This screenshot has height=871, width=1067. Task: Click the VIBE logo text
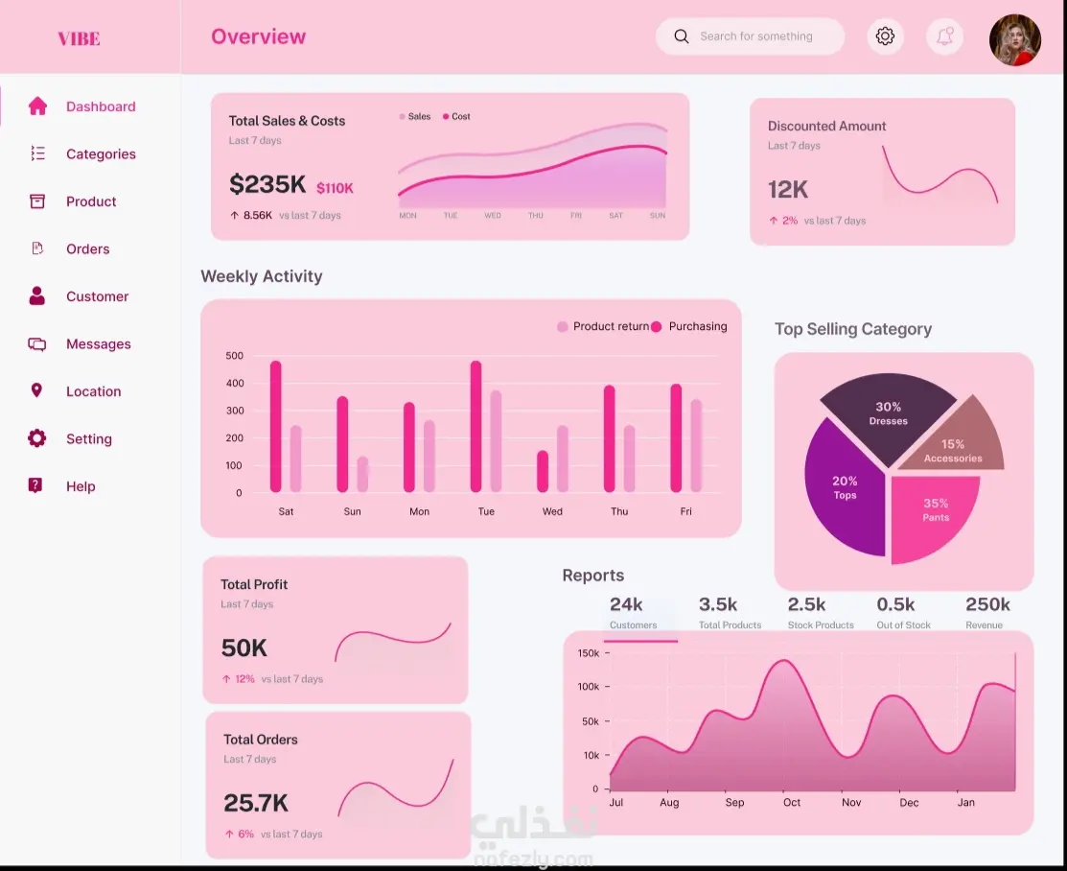pos(79,38)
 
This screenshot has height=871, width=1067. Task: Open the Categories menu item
pos(101,153)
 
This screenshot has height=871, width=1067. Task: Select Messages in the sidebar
pos(99,344)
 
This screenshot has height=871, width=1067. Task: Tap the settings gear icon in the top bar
pos(885,36)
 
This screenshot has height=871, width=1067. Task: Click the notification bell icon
pos(944,36)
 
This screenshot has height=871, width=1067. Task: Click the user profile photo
pos(1014,40)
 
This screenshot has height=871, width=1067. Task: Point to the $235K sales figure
pos(267,184)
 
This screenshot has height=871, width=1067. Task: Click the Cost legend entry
pos(456,116)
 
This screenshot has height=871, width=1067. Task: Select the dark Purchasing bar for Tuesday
pos(476,426)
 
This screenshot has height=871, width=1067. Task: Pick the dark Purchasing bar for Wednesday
pos(543,471)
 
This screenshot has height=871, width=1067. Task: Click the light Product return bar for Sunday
pos(362,474)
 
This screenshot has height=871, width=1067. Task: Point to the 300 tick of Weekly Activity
pos(235,411)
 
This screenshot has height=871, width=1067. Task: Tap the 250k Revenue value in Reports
pos(987,604)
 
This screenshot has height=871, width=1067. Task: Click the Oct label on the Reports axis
pos(792,802)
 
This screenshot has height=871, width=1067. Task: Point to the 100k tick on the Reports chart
pos(588,687)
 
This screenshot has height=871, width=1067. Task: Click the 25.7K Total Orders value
pos(256,803)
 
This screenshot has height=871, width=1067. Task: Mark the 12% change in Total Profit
pos(244,679)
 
